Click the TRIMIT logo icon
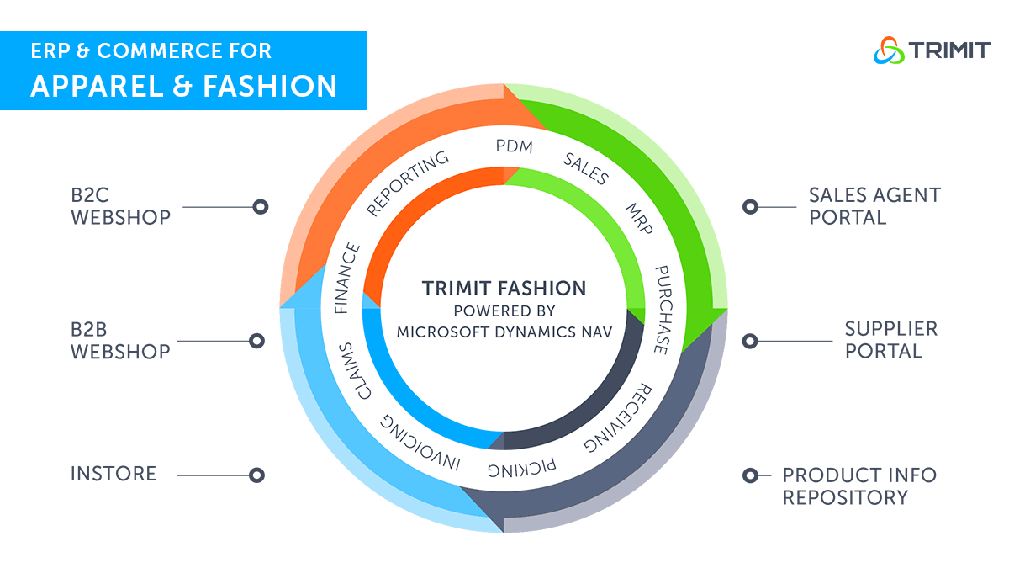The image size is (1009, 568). pos(889,50)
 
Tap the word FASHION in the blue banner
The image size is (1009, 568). pos(270,86)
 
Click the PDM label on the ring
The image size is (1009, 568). pos(514,146)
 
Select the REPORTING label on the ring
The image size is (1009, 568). pos(408,183)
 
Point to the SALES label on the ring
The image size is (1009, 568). pos(586,168)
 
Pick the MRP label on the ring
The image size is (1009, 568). pos(639,219)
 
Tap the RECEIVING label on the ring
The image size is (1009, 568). pos(618,417)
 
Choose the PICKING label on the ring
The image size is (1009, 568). pos(522,468)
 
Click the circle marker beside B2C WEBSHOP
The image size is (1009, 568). pos(261,207)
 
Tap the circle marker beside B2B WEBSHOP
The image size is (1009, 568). pos(256,341)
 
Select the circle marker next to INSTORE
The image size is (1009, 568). pos(256,475)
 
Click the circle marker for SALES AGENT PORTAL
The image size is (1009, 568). pos(750,207)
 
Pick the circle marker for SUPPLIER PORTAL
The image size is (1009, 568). pos(750,342)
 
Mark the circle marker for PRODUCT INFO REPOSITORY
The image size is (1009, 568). pos(750,475)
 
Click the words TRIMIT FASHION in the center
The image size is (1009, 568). pos(504,288)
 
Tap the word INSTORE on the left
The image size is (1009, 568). pos(114,474)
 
